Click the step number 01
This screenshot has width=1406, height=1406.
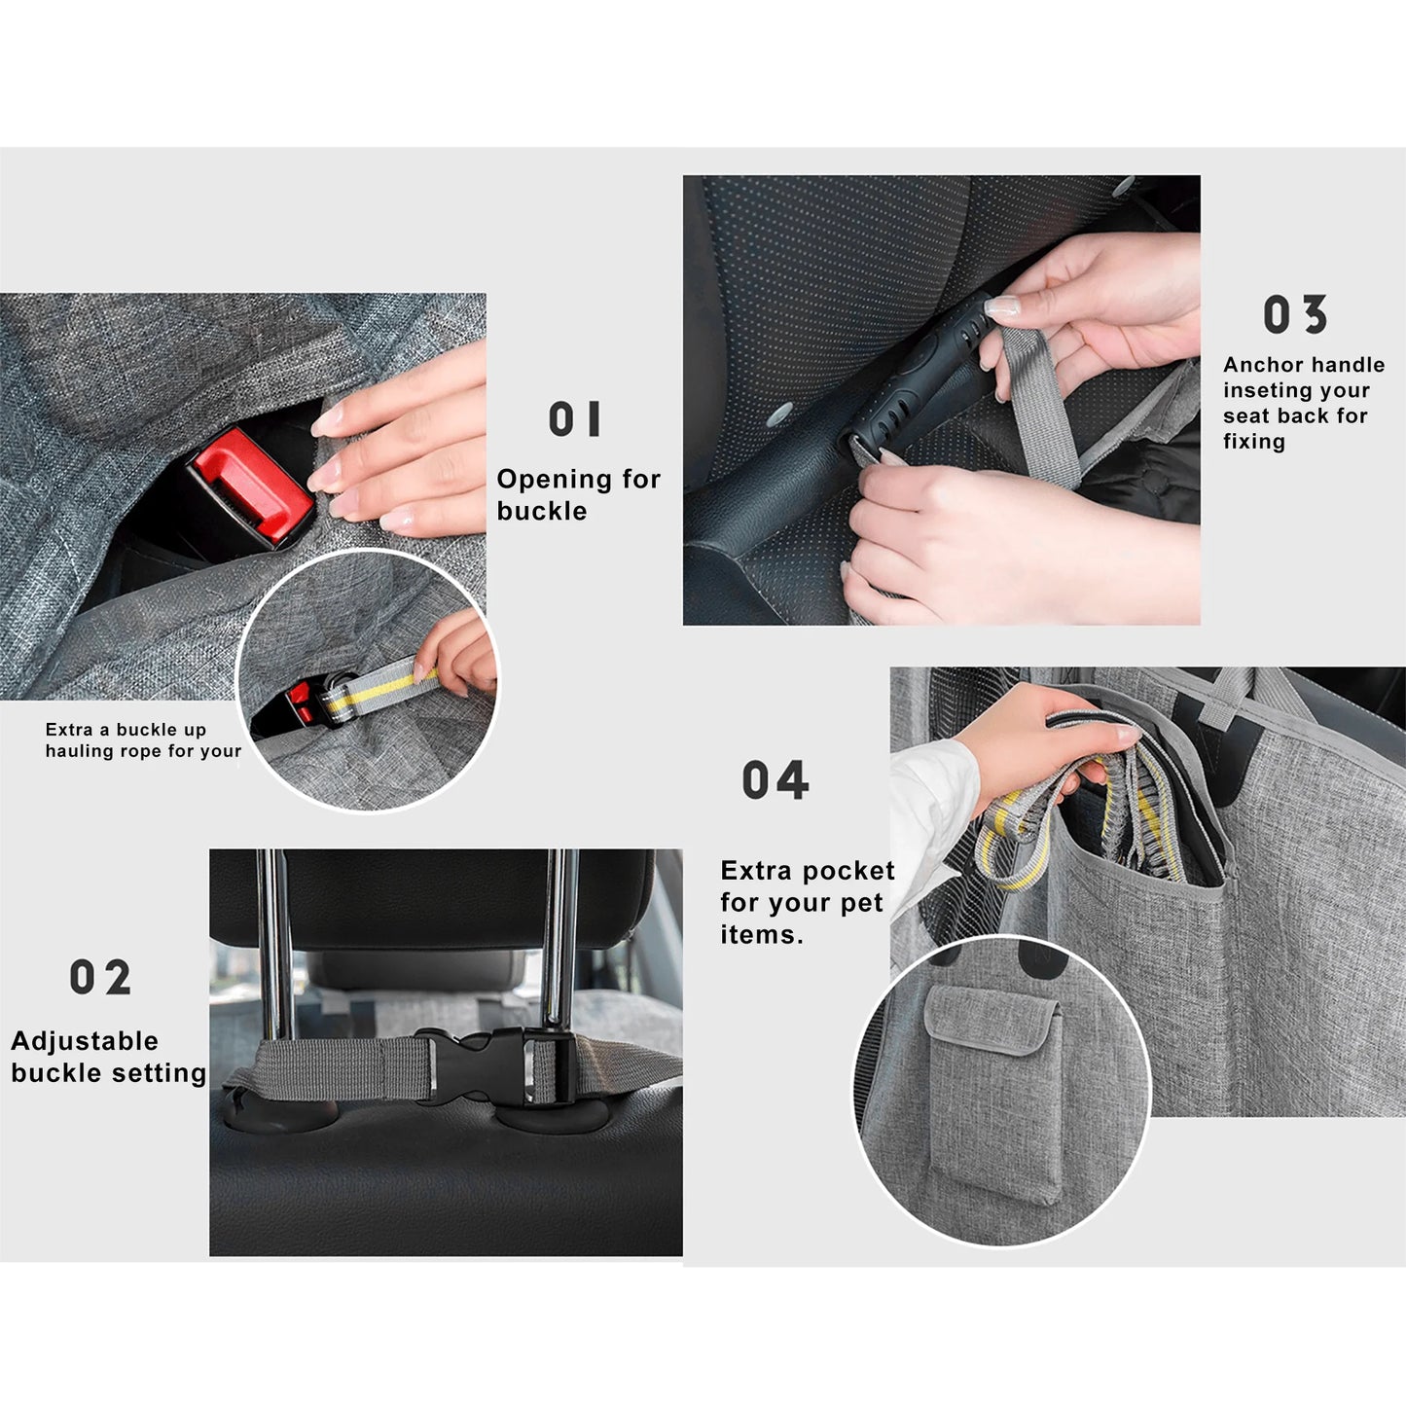point(574,418)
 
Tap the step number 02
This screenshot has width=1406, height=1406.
point(100,977)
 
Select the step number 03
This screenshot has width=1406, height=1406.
point(1295,314)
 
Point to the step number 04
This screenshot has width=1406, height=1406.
point(775,779)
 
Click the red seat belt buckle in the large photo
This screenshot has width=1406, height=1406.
point(250,487)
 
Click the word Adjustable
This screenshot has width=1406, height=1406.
point(85,1041)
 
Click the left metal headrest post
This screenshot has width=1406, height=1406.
point(275,944)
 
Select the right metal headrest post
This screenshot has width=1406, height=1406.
point(559,942)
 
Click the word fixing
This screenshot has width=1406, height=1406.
point(1254,442)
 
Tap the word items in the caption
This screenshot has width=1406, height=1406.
point(762,935)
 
